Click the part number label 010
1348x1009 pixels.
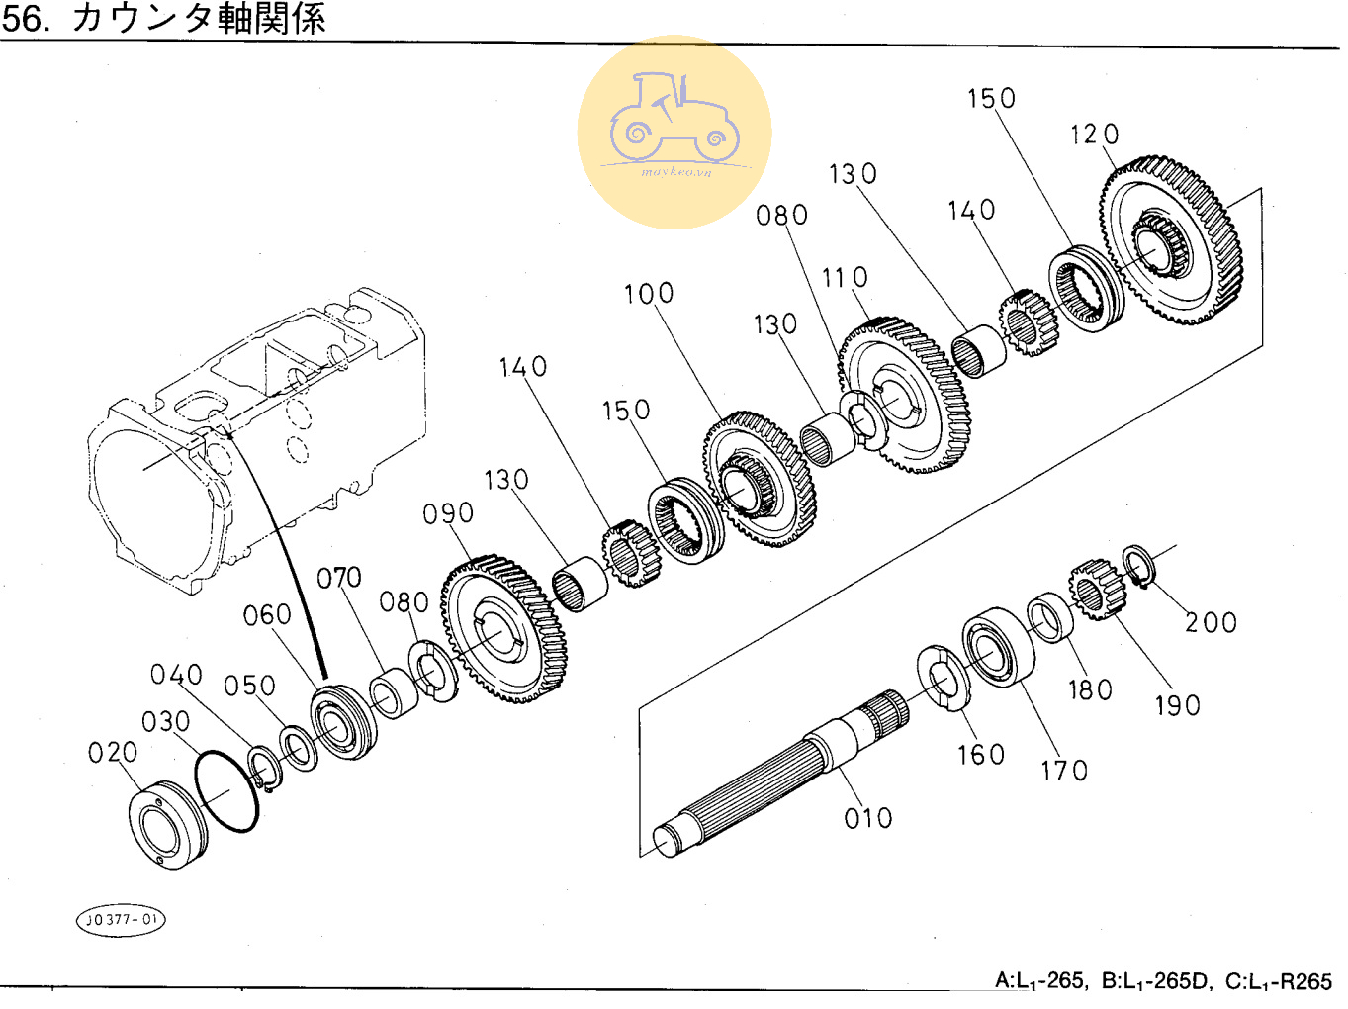pos(868,818)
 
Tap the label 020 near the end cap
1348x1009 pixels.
pos(113,753)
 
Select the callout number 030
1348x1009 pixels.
pos(166,722)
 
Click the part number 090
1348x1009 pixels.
pos(448,514)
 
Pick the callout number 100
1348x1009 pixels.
pos(649,294)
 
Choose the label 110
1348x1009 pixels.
pos(846,278)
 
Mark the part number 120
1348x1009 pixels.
pos(1095,135)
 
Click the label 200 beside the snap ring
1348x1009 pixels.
pos(1212,623)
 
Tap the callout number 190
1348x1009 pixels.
pos(1178,706)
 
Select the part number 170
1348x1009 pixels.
pos(1064,771)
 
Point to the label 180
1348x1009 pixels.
pos(1091,690)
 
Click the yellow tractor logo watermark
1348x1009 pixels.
pos(674,132)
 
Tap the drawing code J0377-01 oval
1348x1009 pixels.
pos(121,920)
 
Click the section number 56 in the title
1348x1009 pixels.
pos(24,19)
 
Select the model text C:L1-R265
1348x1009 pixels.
pos(1279,981)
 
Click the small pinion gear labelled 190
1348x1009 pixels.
pos(1097,591)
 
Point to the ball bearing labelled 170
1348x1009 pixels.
pos(997,647)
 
